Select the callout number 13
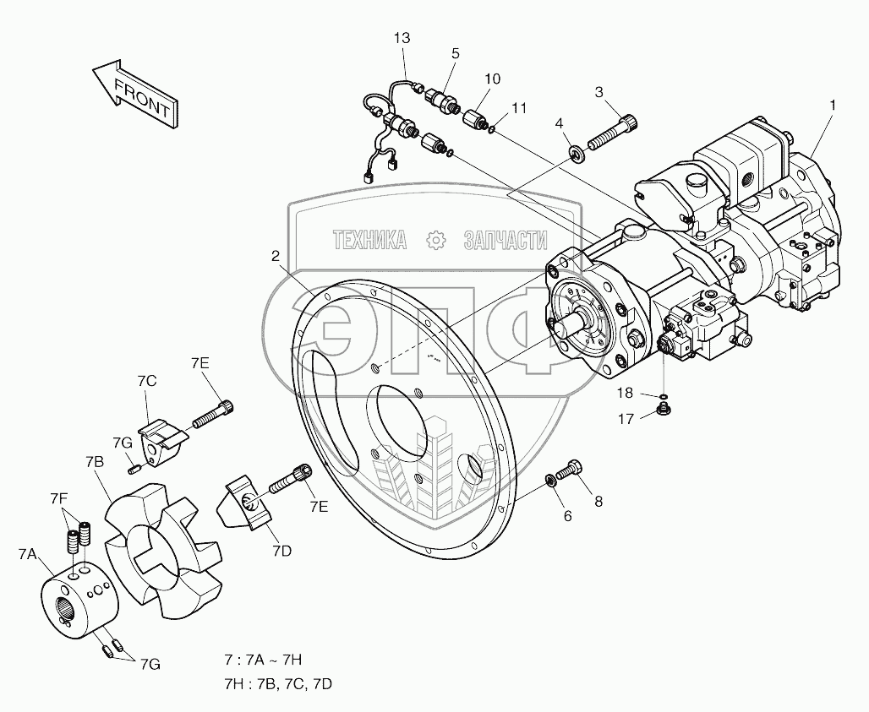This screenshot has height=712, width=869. pos(402,38)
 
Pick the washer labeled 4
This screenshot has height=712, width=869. pos(577,154)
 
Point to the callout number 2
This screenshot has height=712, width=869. pos(276,255)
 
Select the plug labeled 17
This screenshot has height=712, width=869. pos(665,411)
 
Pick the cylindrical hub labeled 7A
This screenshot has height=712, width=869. pos(76,601)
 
